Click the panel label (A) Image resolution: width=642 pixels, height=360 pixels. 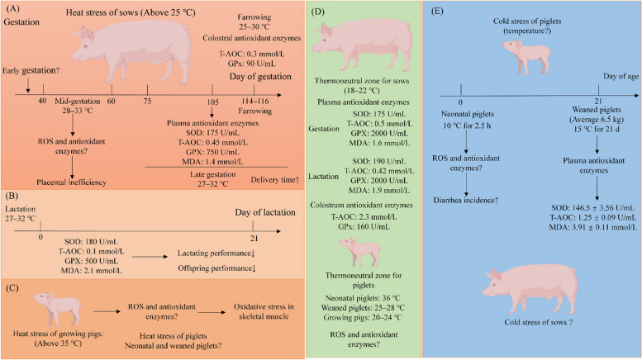tap(12, 11)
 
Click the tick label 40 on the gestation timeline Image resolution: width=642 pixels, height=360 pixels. tap(42, 100)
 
